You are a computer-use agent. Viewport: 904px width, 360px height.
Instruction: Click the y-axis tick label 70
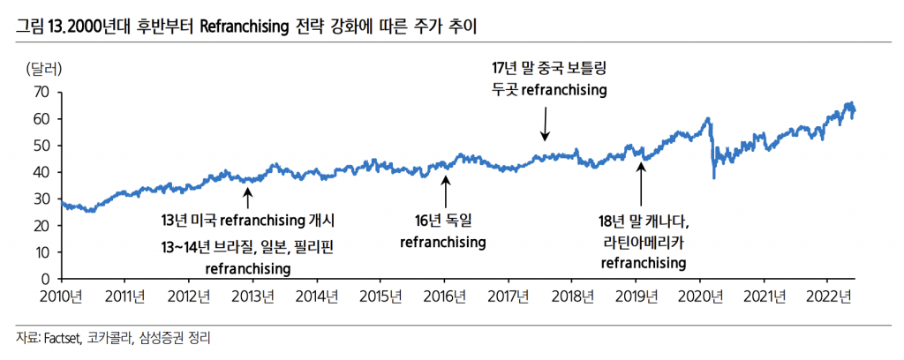(41, 92)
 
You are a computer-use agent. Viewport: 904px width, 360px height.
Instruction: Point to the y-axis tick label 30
(41, 199)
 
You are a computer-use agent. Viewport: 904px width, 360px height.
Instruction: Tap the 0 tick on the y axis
(46, 280)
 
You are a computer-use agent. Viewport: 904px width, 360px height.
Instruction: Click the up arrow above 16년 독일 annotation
(446, 191)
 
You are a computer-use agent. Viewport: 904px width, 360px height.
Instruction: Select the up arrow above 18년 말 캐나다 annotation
(642, 186)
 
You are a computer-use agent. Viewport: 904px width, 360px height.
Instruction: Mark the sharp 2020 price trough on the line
(713, 177)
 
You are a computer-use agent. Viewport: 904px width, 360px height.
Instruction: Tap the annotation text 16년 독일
(443, 221)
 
